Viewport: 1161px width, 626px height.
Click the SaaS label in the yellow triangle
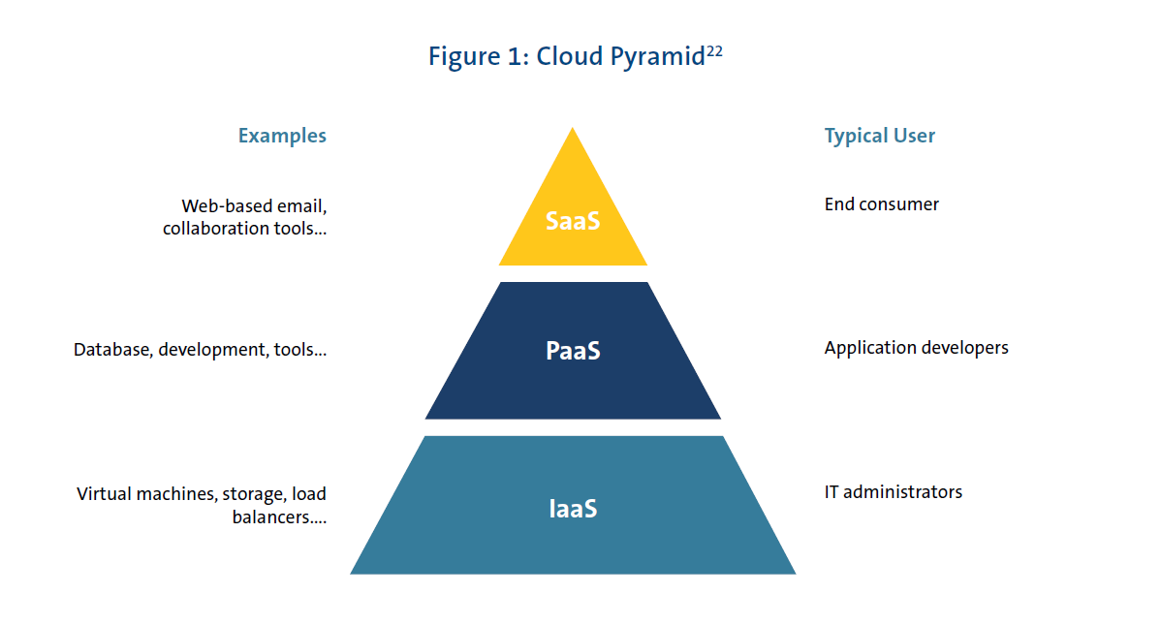(573, 221)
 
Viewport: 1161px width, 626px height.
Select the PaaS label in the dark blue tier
(573, 350)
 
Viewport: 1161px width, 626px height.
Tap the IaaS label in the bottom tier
(573, 508)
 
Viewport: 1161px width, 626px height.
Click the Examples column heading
(282, 136)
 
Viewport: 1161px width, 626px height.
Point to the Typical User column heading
(879, 136)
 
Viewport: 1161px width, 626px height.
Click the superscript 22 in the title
(714, 50)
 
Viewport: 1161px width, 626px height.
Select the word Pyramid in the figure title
(656, 57)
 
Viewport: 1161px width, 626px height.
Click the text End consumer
(881, 203)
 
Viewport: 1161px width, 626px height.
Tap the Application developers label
(916, 347)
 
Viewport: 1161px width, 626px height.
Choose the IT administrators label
(893, 491)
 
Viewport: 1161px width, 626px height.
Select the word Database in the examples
(110, 350)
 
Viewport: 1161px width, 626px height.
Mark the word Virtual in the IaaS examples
(103, 494)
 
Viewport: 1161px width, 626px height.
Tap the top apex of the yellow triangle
(573, 130)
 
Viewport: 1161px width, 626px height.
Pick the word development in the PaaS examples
(207, 350)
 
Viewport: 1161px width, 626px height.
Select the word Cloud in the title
(569, 57)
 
